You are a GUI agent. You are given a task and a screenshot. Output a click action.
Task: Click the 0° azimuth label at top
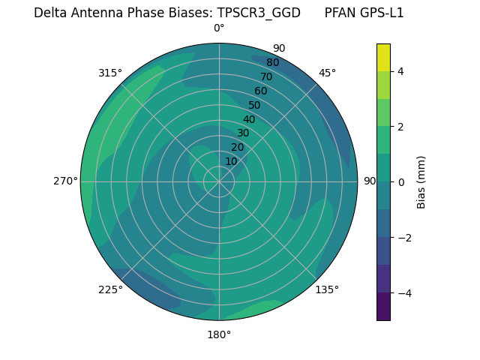tap(219, 28)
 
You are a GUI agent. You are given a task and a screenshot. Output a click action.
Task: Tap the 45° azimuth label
tap(327, 73)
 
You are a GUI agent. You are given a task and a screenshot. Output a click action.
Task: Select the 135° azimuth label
tap(327, 289)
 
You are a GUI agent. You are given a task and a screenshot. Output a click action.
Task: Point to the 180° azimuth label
tap(219, 334)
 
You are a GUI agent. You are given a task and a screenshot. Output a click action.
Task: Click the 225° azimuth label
tap(110, 289)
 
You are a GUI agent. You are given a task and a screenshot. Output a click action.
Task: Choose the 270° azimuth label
tap(65, 181)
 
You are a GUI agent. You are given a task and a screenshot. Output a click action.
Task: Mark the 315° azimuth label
tap(110, 73)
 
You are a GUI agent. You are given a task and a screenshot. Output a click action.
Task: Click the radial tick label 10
tap(231, 161)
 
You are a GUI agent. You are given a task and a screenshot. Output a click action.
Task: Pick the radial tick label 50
tap(254, 105)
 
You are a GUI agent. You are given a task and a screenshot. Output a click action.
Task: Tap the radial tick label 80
tap(272, 62)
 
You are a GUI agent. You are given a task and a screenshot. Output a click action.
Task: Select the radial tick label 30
tap(243, 133)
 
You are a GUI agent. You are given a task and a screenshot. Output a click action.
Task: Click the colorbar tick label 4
tap(401, 71)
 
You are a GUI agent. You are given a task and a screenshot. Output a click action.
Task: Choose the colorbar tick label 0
tap(401, 181)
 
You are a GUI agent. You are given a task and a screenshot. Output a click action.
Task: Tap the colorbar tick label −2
tap(404, 237)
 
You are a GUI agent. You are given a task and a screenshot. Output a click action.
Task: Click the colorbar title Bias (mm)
tap(421, 181)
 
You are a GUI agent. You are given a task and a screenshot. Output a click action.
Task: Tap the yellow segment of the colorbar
tap(383, 57)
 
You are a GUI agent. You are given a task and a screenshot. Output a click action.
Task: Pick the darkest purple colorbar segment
tap(383, 306)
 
